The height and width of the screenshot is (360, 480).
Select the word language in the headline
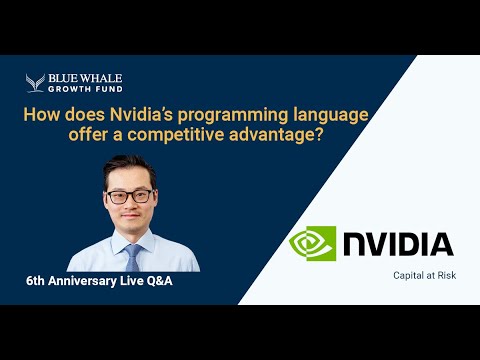[x=311, y=116]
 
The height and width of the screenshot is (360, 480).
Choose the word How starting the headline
[x=41, y=116]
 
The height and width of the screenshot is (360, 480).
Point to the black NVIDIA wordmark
[x=399, y=244]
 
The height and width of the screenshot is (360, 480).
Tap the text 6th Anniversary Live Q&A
[x=99, y=282]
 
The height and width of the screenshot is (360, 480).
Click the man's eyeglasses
[x=130, y=196]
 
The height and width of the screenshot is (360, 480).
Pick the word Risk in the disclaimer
[x=445, y=276]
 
